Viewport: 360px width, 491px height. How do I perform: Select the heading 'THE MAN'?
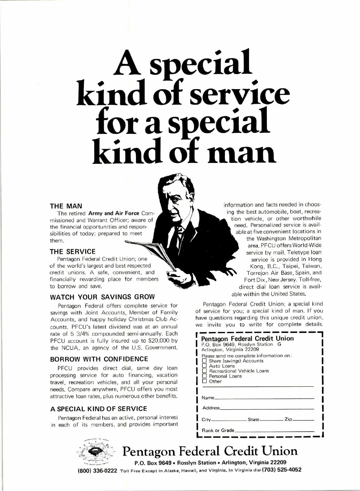coord(66,206)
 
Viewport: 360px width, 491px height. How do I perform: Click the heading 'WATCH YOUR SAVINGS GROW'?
coord(103,297)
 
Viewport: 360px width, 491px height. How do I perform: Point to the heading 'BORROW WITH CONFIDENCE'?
coord(99,359)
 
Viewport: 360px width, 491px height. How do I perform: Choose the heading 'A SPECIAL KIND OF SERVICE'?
coord(99,409)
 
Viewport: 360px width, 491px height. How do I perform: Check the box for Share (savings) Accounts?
coord(205,361)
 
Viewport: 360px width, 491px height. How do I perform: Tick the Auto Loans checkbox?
coord(205,366)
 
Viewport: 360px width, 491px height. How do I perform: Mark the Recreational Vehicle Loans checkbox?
coord(205,371)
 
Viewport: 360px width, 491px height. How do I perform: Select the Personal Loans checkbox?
coord(205,376)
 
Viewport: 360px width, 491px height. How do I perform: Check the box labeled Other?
coord(205,381)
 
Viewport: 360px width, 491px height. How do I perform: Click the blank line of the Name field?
coord(264,398)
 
